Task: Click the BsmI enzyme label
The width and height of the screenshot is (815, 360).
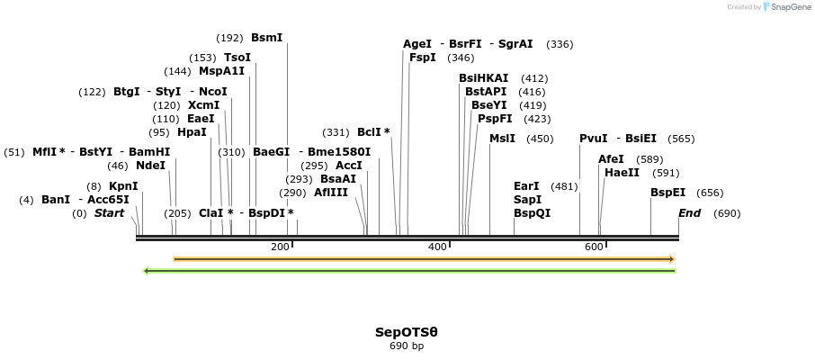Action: tap(266, 38)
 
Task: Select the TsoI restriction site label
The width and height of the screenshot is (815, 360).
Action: tap(237, 58)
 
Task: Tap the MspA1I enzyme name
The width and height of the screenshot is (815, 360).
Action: tap(221, 71)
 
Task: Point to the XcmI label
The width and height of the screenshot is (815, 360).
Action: tap(203, 105)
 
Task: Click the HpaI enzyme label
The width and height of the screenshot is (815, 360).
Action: tap(192, 132)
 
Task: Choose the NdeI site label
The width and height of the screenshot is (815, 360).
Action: tap(150, 166)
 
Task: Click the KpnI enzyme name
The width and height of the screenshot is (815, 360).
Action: tap(123, 186)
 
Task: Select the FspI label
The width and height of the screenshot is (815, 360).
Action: tap(422, 58)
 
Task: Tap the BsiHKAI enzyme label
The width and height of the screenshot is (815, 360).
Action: tap(483, 78)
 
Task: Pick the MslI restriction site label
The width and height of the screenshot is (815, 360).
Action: tap(502, 139)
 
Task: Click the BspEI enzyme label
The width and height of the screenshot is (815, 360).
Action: tap(667, 193)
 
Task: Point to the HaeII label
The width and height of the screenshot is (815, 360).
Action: tap(622, 173)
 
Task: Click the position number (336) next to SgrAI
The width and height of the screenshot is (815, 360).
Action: tap(560, 44)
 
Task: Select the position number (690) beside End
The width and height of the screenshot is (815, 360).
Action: tap(726, 213)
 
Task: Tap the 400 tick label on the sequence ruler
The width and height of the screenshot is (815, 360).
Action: tap(437, 247)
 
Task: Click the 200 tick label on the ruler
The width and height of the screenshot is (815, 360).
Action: tap(280, 247)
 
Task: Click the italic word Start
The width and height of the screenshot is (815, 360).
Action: tap(109, 213)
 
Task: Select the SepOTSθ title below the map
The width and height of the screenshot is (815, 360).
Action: tap(407, 332)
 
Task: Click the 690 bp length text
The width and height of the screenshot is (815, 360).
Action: tap(407, 346)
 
